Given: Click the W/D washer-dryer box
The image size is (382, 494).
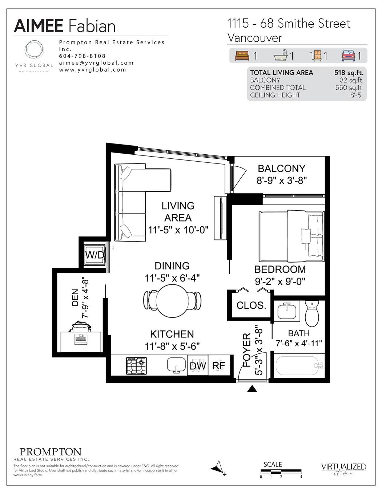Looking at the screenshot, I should pyautogui.click(x=95, y=255).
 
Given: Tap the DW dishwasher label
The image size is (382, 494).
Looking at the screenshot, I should pyautogui.click(x=198, y=366).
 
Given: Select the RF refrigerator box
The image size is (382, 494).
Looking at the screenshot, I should pyautogui.click(x=219, y=366).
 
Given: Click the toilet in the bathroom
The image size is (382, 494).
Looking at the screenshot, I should pyautogui.click(x=311, y=313).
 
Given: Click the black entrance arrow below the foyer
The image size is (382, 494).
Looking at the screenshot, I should pyautogui.click(x=252, y=389).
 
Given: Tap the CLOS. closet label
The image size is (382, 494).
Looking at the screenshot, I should pyautogui.click(x=251, y=305).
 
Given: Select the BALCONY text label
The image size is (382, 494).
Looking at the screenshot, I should pyautogui.click(x=281, y=169).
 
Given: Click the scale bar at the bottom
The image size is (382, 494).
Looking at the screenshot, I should pyautogui.click(x=280, y=472).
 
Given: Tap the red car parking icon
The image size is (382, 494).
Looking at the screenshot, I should pyautogui.click(x=348, y=56).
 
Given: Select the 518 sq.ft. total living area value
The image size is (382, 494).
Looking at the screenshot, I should pyautogui.click(x=349, y=73).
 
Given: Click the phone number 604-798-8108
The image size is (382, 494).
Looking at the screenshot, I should pyautogui.click(x=82, y=56).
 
